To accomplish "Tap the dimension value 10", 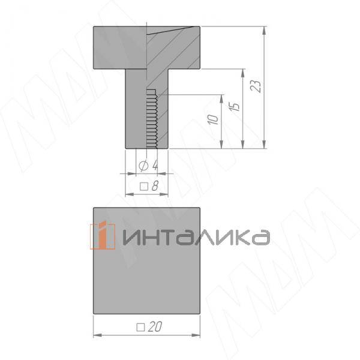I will pyautogui.click(x=213, y=119).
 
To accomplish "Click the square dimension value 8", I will pyautogui.click(x=154, y=186).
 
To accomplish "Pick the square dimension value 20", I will pyautogui.click(x=156, y=327).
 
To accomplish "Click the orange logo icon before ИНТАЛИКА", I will pyautogui.click(x=103, y=235).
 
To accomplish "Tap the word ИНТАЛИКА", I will pyautogui.click(x=196, y=237).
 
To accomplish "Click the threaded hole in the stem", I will pyautogui.click(x=152, y=118).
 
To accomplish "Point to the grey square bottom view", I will pyautogui.click(x=147, y=282).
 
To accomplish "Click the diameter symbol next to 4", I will pyautogui.click(x=143, y=165).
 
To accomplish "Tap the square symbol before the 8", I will pyautogui.click(x=144, y=187).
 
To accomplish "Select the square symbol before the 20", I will pyautogui.click(x=141, y=327).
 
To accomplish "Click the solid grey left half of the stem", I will pyautogui.click(x=136, y=108).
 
